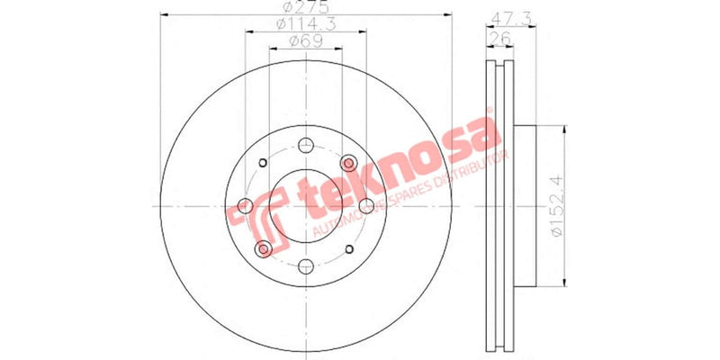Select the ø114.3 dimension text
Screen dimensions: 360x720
click(306, 25)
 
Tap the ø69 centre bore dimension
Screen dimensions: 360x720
click(306, 42)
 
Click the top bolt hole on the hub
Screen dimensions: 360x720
click(306, 146)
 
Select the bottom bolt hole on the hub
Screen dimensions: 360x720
click(306, 265)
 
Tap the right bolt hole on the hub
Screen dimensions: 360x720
click(366, 206)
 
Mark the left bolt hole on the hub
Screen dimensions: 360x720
click(246, 206)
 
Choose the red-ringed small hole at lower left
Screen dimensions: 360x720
click(263, 248)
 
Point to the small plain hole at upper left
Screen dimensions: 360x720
click(263, 163)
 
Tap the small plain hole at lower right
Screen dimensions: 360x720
click(349, 248)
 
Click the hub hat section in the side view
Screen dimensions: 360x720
click(526, 206)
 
